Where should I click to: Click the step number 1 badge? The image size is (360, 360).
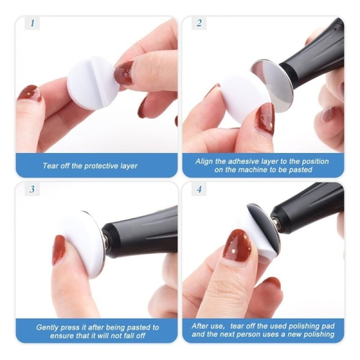(32, 23)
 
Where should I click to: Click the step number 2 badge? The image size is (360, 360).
(199, 23)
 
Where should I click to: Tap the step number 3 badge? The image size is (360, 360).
(32, 189)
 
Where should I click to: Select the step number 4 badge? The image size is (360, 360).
(199, 189)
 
